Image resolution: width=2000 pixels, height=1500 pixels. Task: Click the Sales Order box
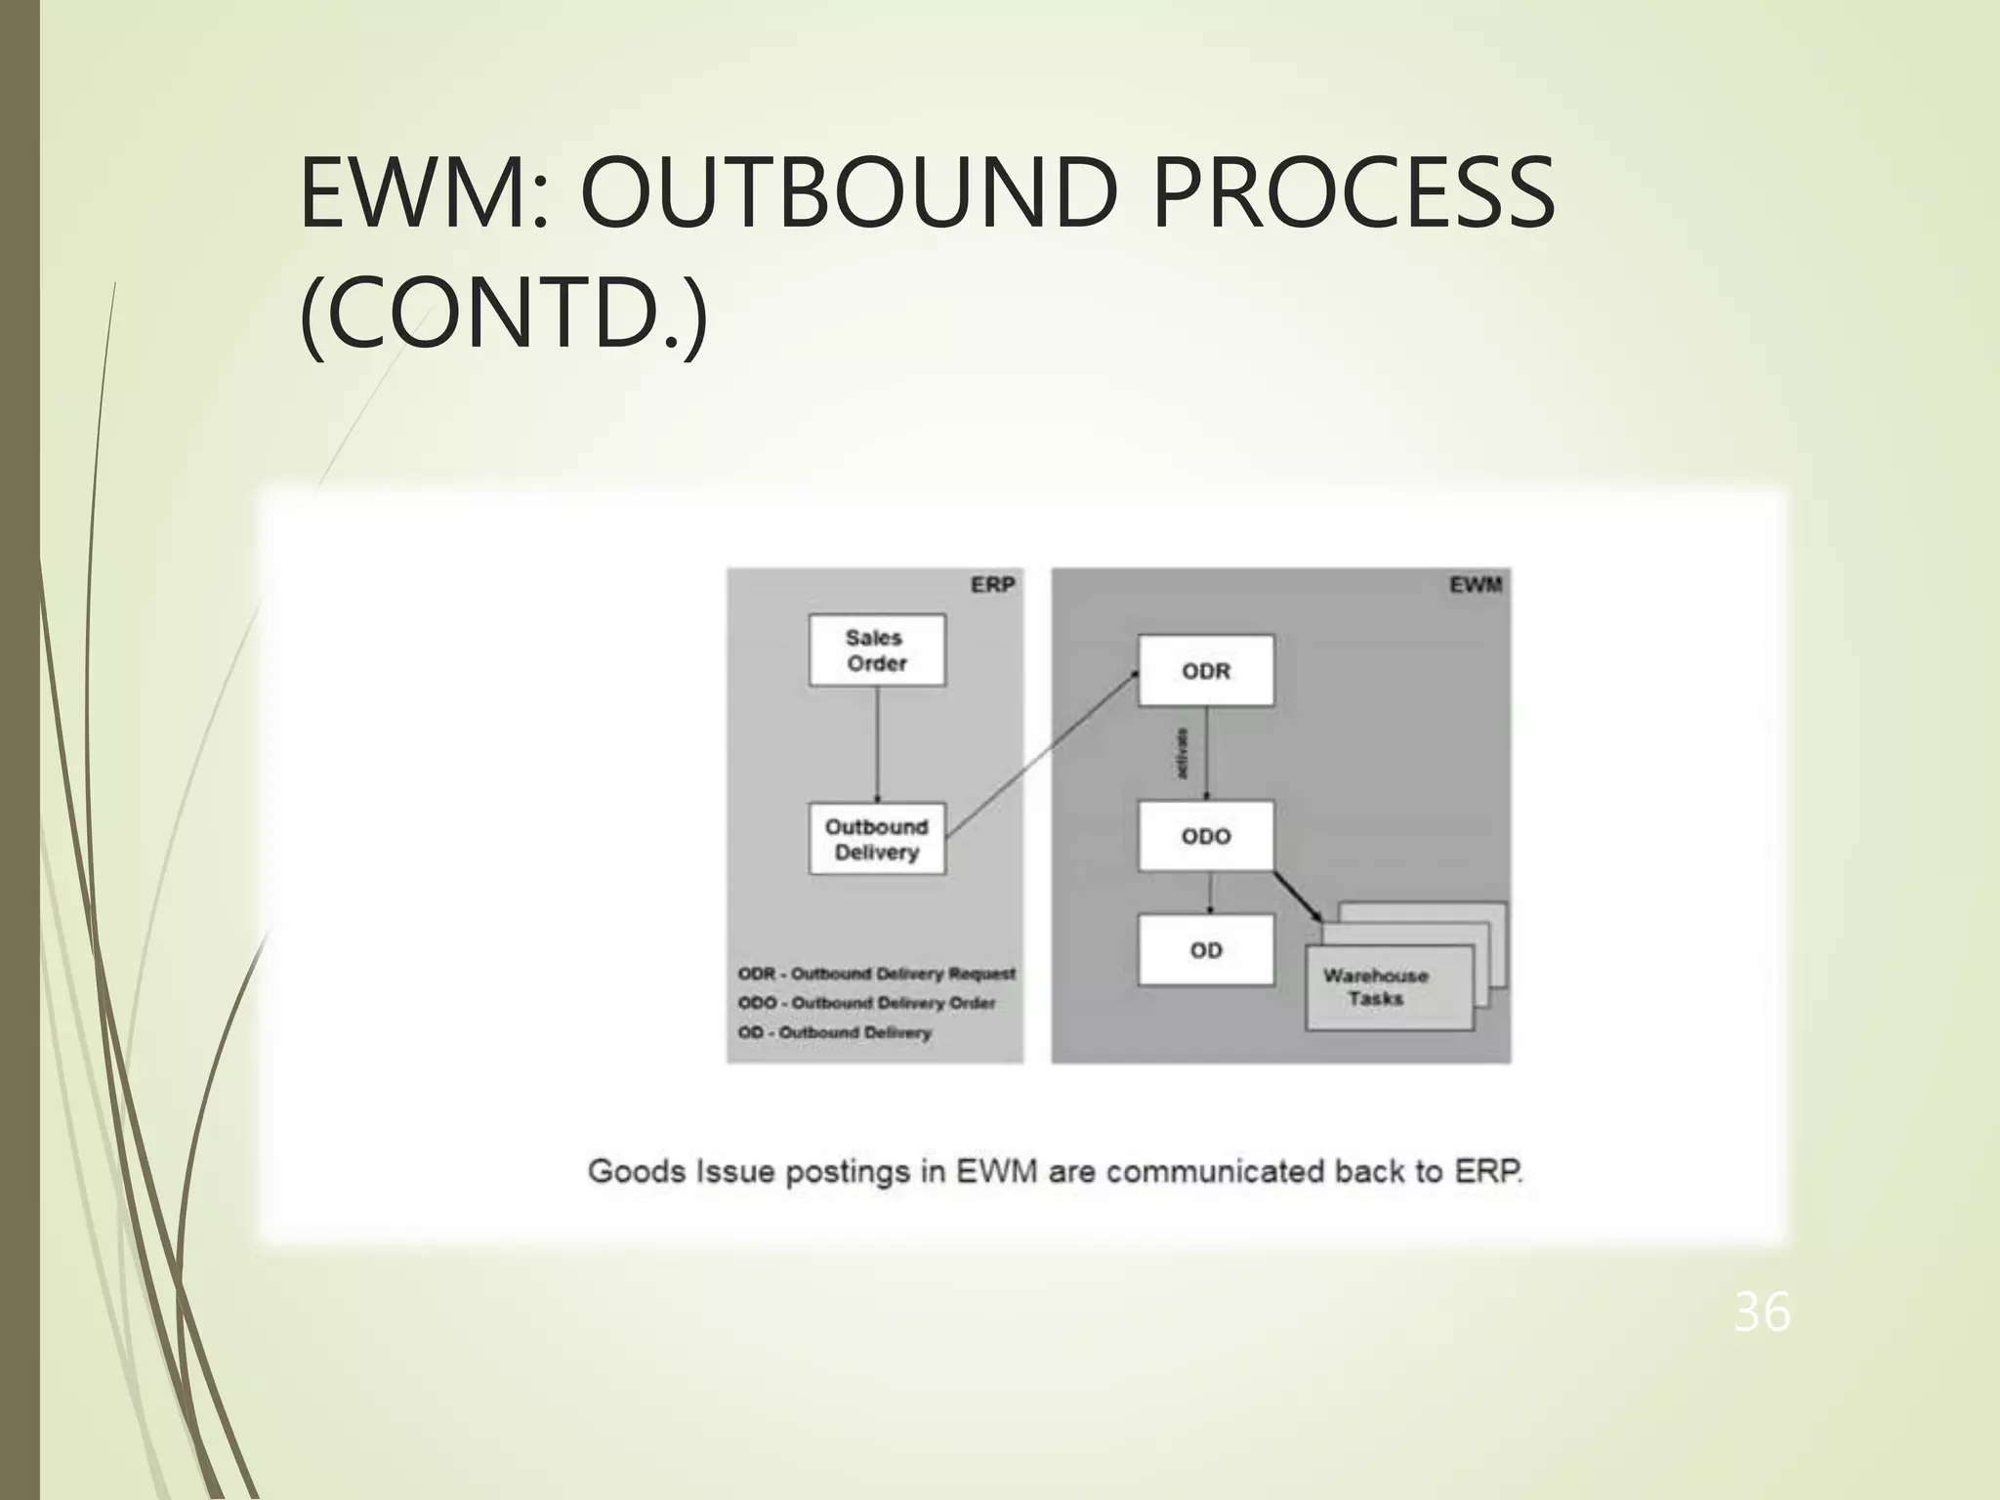pos(877,650)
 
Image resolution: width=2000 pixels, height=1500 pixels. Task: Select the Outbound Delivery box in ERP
pos(877,839)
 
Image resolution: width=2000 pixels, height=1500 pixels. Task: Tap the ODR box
pos(1206,671)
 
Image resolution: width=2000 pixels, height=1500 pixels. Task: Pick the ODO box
pos(1206,836)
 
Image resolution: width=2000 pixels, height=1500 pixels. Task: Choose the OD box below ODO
pos(1206,950)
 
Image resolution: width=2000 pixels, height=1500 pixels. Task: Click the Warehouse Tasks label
pos(1376,987)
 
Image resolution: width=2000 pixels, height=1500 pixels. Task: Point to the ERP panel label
pos(993,585)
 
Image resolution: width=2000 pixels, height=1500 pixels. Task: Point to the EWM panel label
pos(1476,585)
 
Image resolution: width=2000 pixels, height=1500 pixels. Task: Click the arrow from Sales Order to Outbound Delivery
pos(877,744)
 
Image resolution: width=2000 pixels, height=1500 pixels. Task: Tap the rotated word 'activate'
pos(1184,753)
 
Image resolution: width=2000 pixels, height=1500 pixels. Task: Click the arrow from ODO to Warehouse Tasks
pos(1298,896)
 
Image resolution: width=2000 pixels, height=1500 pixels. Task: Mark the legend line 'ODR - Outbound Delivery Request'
pos(876,974)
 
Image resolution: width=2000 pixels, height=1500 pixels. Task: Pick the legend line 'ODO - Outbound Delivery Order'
pos(866,1003)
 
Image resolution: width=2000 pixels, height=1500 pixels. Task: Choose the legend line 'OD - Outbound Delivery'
pos(835,1032)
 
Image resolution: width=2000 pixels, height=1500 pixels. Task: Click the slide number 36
pos(1762,1312)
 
